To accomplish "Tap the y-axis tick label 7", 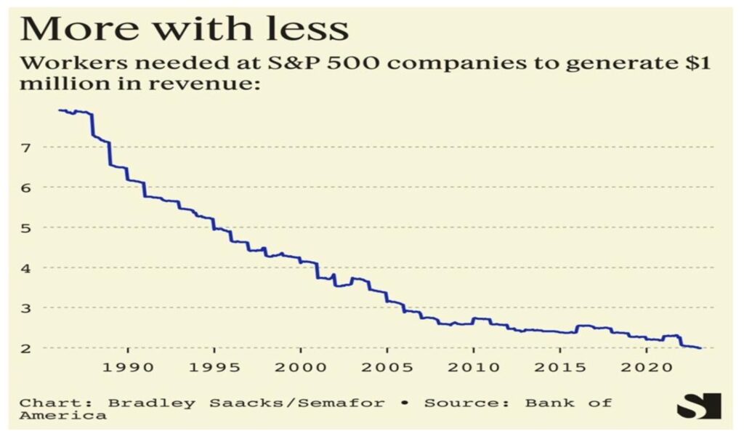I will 28,148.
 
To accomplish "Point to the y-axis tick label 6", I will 28,188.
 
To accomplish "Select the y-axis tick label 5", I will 28,227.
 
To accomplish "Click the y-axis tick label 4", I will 28,267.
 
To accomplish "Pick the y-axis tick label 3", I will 28,308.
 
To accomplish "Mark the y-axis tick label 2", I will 28,348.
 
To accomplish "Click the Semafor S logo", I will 698,406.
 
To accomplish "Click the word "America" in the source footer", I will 62,416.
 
